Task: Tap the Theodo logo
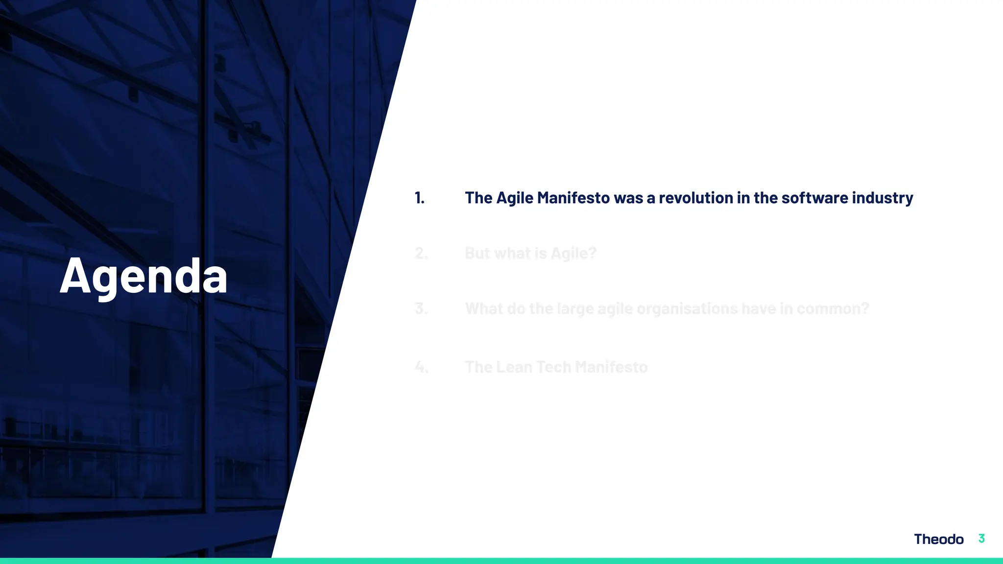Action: click(938, 539)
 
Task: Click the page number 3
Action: click(981, 539)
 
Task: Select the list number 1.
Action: click(419, 198)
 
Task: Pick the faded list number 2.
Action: click(421, 253)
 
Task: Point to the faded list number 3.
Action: click(421, 308)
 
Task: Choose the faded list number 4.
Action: click(421, 367)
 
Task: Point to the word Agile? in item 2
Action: click(573, 254)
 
